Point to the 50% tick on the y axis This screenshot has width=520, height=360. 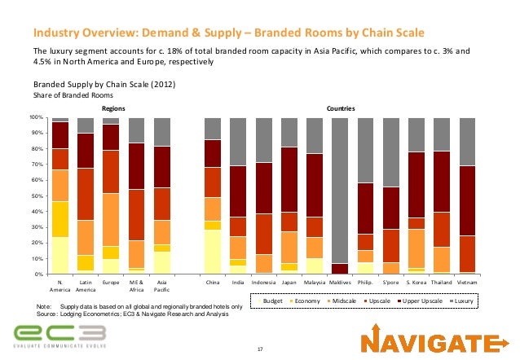click(x=37, y=196)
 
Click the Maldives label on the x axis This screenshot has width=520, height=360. click(x=339, y=282)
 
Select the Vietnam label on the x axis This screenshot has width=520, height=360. click(x=466, y=282)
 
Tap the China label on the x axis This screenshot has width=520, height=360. click(x=213, y=282)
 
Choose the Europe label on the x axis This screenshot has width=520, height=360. click(x=111, y=282)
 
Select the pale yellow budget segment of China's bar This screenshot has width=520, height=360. click(x=213, y=252)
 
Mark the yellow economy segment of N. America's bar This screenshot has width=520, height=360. click(x=59, y=219)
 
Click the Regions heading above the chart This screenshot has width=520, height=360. click(x=112, y=108)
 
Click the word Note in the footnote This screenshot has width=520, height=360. click(x=45, y=305)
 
